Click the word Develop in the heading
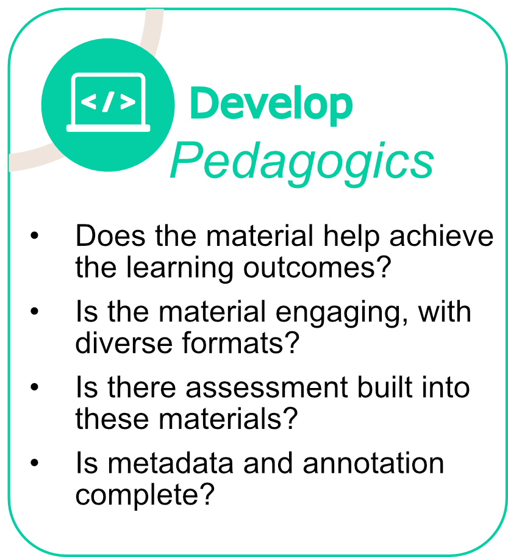coord(271,104)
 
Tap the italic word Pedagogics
coord(302,160)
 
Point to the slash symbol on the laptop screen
coord(109,102)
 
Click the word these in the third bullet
coord(108,419)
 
